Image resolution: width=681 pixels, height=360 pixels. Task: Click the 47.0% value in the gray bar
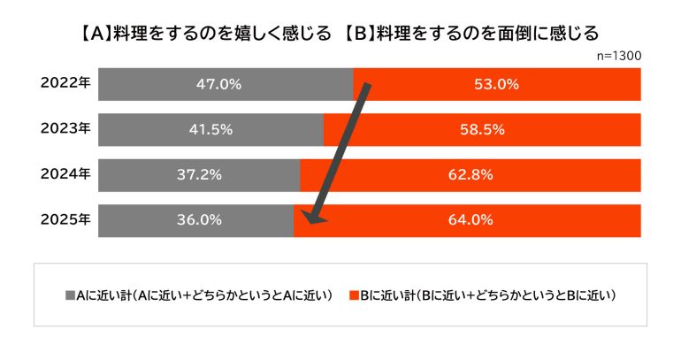pyautogui.click(x=218, y=85)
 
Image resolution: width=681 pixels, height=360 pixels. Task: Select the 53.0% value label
pyautogui.click(x=496, y=85)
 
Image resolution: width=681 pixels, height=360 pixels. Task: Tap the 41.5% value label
pyautogui.click(x=210, y=129)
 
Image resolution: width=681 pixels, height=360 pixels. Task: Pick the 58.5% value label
pyautogui.click(x=482, y=129)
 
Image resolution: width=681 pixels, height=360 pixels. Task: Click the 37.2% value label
pyautogui.click(x=198, y=174)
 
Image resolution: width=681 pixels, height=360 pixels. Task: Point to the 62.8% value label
pyautogui.click(x=470, y=174)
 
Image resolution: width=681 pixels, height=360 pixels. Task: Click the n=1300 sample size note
pyautogui.click(x=619, y=55)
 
